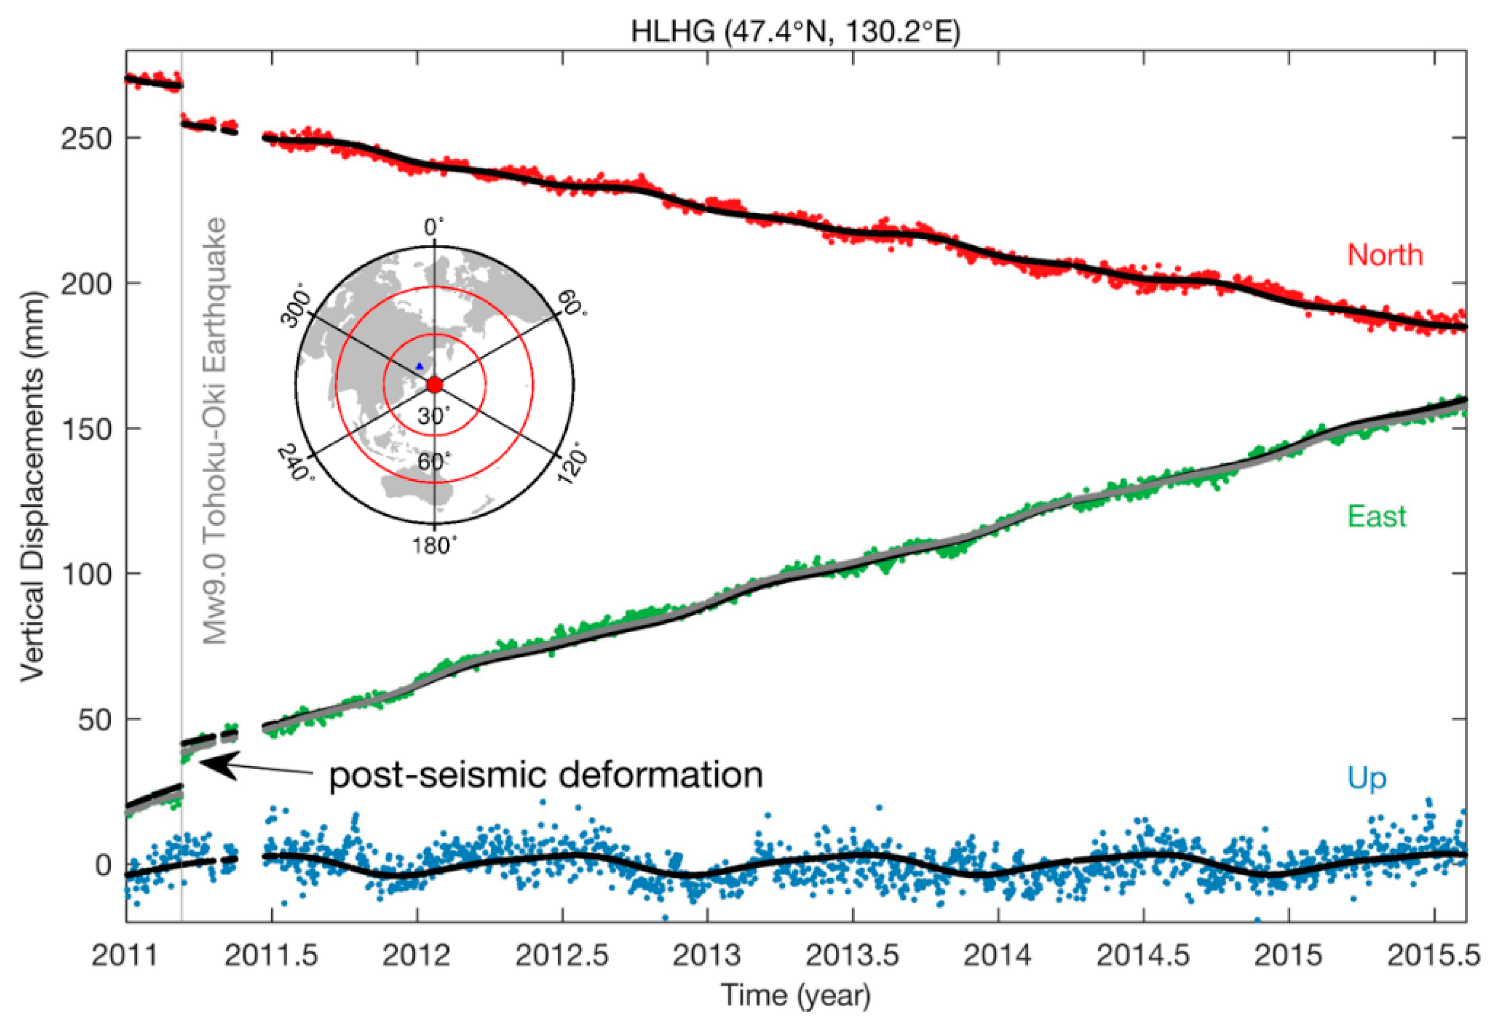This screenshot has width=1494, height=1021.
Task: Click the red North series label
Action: tap(1384, 255)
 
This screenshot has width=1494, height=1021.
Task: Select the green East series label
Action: tap(1376, 516)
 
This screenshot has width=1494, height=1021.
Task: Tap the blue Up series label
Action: tap(1366, 778)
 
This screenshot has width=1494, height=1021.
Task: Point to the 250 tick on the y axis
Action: tap(87, 138)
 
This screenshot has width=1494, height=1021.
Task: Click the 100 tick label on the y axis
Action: tap(87, 574)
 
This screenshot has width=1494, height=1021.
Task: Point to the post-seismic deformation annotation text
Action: tap(546, 775)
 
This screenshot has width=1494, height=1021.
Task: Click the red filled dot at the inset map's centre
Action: tap(434, 385)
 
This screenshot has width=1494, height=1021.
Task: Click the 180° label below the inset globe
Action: tap(434, 545)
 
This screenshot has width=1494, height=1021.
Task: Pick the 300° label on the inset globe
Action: tap(296, 310)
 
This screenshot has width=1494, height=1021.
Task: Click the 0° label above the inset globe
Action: tap(434, 227)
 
